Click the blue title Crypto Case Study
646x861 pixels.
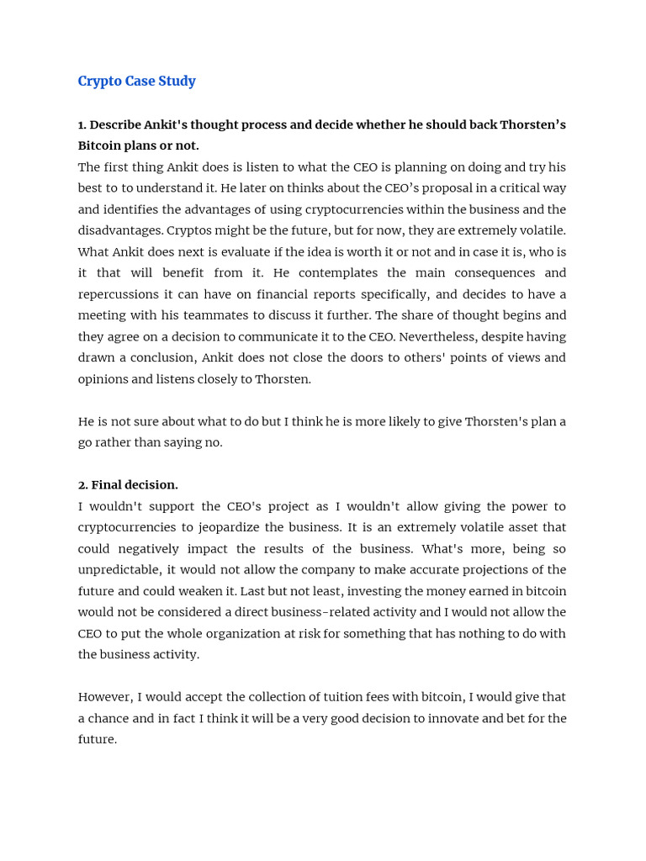click(x=136, y=82)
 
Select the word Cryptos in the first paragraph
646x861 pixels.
click(x=189, y=230)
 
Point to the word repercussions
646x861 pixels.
click(x=117, y=294)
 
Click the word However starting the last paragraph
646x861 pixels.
click(x=103, y=697)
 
